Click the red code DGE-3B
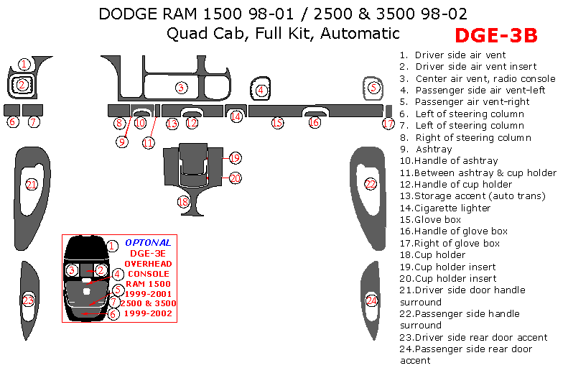496,35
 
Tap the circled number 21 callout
32,185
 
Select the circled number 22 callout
371,184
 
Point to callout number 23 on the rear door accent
28,300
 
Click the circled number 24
372,300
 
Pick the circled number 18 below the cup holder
183,202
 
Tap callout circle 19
235,158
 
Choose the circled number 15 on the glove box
277,123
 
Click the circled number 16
314,123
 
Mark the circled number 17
388,124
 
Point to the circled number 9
122,142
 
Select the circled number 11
148,142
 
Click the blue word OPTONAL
148,243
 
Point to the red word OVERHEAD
147,264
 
